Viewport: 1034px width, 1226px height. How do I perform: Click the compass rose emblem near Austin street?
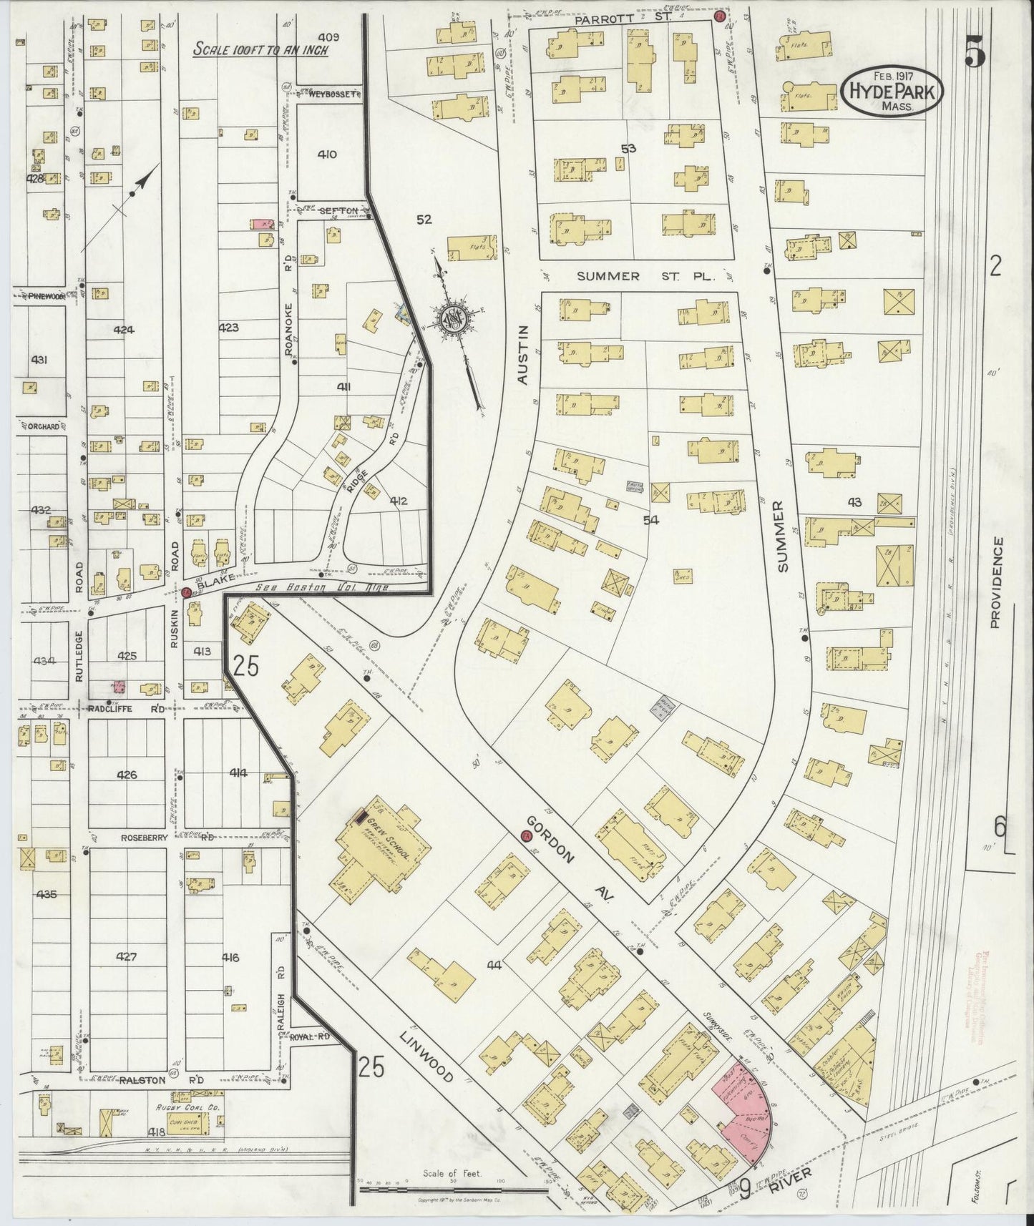click(453, 317)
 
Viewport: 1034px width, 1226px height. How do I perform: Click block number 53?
click(629, 149)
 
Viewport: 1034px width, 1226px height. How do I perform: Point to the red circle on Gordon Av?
click(526, 835)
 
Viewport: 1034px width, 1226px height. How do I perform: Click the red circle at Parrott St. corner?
click(721, 15)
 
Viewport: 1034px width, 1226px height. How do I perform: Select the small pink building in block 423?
click(263, 224)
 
